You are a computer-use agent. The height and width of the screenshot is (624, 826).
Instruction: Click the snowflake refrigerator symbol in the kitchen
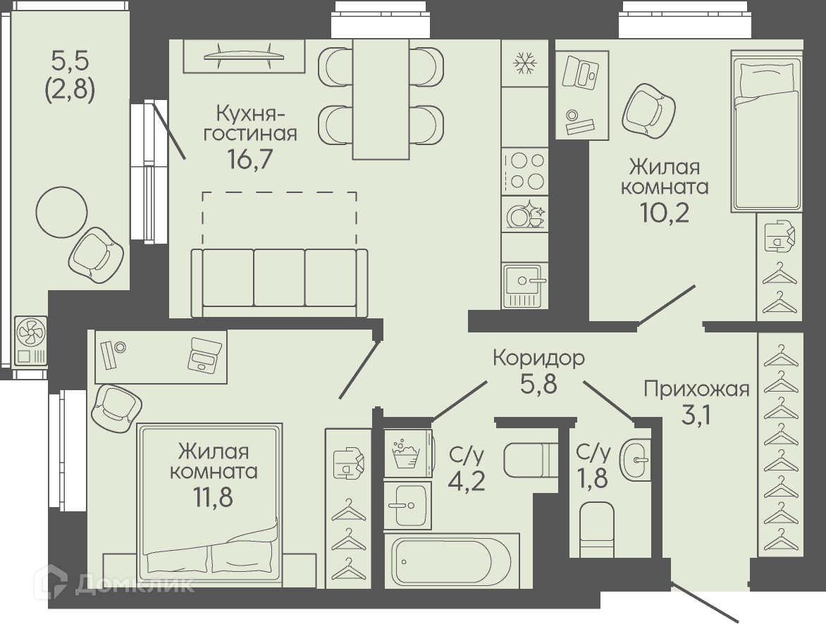pyautogui.click(x=524, y=63)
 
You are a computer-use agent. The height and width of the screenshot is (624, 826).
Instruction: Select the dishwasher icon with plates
pyautogui.click(x=524, y=214)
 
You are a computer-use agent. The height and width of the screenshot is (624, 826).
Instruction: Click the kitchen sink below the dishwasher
pyautogui.click(x=524, y=285)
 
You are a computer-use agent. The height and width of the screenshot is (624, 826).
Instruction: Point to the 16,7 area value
pyautogui.click(x=250, y=158)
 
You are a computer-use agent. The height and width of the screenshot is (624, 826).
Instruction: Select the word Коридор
pyautogui.click(x=539, y=358)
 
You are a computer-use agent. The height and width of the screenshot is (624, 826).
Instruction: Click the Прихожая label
pyautogui.click(x=696, y=389)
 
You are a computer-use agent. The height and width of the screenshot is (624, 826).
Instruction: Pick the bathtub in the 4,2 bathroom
pyautogui.click(x=452, y=561)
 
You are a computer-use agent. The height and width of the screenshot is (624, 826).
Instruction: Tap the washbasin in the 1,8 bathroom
pyautogui.click(x=635, y=459)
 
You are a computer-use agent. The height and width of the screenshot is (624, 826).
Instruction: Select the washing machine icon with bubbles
pyautogui.click(x=407, y=454)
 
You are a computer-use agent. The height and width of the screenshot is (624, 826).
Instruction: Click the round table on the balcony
pyautogui.click(x=61, y=212)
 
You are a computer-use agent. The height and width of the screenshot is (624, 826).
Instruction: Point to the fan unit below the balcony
pyautogui.click(x=30, y=341)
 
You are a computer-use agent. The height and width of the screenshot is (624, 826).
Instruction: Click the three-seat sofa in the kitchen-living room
pyautogui.click(x=279, y=282)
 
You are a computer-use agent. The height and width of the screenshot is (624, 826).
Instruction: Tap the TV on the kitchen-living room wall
pyautogui.click(x=244, y=56)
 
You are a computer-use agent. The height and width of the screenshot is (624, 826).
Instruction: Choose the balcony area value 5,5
pyautogui.click(x=70, y=61)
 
